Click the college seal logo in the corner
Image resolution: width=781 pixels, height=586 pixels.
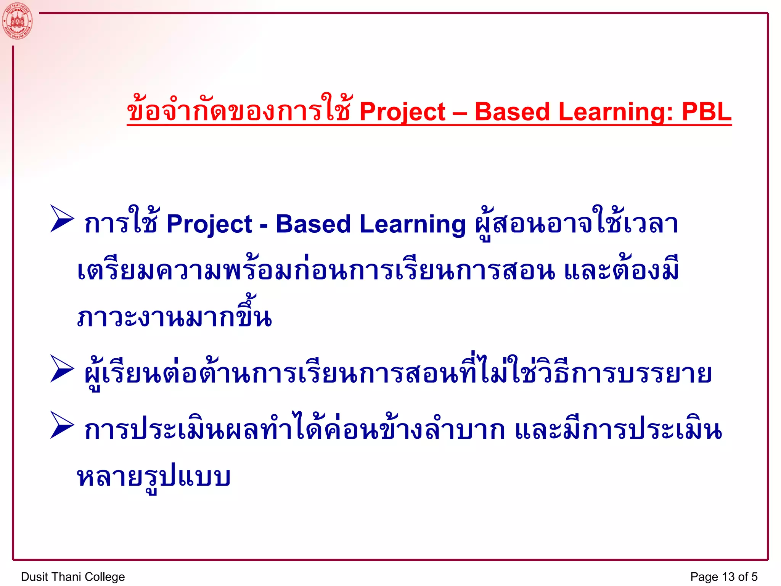click(17, 21)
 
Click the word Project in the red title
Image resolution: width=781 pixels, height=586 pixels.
click(402, 112)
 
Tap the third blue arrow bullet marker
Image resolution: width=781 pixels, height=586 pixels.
click(62, 425)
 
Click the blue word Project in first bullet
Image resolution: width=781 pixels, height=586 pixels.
click(209, 224)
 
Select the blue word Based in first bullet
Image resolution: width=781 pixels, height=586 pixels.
click(313, 224)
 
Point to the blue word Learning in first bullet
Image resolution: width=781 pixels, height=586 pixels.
click(413, 224)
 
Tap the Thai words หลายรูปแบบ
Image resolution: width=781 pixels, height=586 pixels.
click(154, 477)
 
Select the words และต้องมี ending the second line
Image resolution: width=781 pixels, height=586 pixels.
click(621, 270)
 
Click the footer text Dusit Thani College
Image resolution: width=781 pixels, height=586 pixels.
click(73, 576)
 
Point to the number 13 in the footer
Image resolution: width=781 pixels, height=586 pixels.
click(728, 576)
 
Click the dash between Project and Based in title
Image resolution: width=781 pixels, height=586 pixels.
click(460, 113)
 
